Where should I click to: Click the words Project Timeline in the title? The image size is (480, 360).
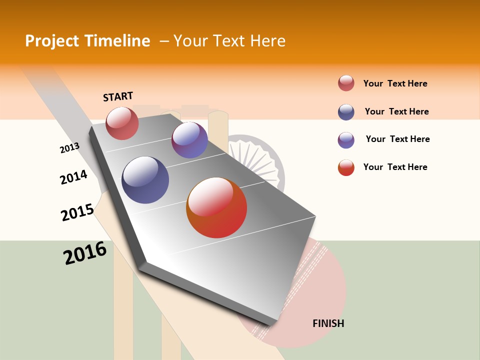pos(87,41)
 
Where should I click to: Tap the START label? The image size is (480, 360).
pos(118,96)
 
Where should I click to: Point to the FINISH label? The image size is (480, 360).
pos(328,323)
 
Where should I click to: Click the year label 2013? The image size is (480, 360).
pos(69,148)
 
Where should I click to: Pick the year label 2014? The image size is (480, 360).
pos(73,177)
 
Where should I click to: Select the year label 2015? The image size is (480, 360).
pos(77,212)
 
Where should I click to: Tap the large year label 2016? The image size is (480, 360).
pos(85,253)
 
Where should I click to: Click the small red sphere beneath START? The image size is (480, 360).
pos(122,123)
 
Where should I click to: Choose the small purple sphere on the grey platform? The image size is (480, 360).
pos(189,140)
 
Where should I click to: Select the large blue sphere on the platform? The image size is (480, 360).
pos(145,180)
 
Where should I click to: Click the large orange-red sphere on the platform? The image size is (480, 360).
pos(216,207)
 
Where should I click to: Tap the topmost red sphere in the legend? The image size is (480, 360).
pos(346,83)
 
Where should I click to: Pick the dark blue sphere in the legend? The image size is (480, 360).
pos(346,112)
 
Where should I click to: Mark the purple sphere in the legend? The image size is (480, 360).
pos(346,140)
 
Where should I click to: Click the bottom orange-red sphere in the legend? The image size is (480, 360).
pos(346,167)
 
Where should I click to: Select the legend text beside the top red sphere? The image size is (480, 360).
pos(395,83)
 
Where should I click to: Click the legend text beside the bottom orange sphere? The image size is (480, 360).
pos(395,167)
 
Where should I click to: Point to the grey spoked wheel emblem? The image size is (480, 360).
pos(255,160)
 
